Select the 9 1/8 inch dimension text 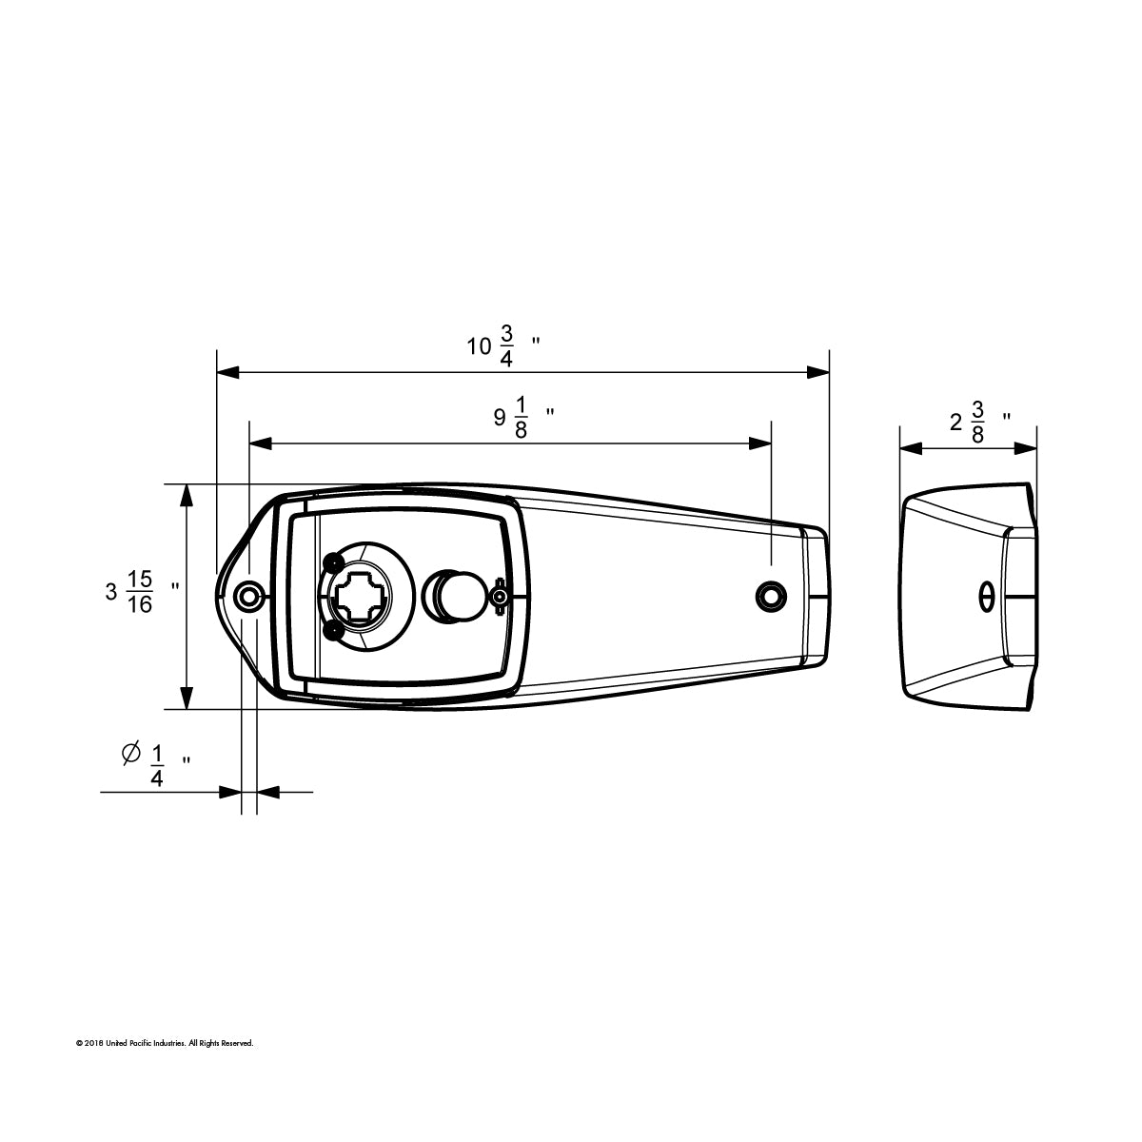click(x=520, y=418)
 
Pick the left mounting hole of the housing click(x=249, y=597)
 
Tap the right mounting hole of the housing click(x=770, y=597)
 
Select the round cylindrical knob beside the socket click(x=455, y=595)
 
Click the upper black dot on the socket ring click(x=332, y=560)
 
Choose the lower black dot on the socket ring click(x=332, y=631)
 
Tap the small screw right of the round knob click(x=500, y=597)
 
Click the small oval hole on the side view click(x=987, y=597)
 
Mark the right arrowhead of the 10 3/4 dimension click(x=819, y=372)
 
